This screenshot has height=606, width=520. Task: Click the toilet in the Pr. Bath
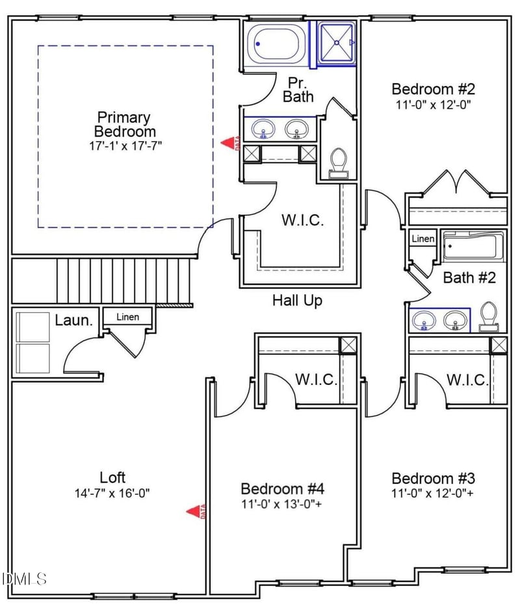[x=338, y=161]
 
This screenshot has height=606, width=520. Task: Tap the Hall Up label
[x=297, y=300]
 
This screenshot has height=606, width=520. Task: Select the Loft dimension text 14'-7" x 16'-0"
[x=112, y=493]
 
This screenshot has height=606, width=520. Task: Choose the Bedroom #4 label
[x=282, y=488]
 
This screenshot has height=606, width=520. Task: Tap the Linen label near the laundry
[x=127, y=317]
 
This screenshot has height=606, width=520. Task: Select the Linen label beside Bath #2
[x=422, y=239]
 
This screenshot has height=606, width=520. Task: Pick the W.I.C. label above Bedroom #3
[x=467, y=380]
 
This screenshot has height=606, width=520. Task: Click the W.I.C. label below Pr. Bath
[x=302, y=220]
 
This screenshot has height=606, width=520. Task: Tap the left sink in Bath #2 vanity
[x=426, y=319]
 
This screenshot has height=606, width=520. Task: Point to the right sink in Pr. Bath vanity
[x=298, y=127]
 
